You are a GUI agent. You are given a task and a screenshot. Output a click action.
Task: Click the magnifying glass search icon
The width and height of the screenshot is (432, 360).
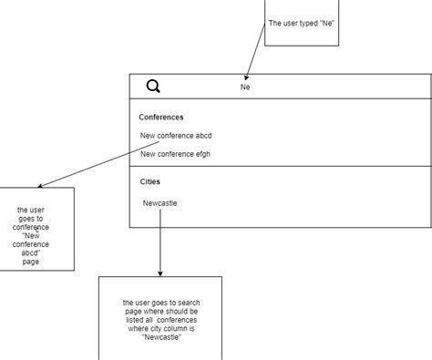[x=154, y=87]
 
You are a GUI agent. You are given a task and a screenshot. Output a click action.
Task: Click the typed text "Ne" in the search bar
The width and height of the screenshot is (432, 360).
[x=245, y=87]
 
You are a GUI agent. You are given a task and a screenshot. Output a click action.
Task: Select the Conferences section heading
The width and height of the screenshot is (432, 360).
[x=161, y=117]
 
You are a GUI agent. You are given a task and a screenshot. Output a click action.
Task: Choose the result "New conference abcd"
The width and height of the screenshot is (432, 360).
[x=176, y=136]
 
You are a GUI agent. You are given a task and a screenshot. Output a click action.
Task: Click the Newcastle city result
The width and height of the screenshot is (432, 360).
[x=159, y=202]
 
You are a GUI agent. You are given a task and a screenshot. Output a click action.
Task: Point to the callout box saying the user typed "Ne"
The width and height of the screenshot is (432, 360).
[x=301, y=23]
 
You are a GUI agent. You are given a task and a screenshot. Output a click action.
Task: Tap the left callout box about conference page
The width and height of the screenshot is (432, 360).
[x=36, y=229]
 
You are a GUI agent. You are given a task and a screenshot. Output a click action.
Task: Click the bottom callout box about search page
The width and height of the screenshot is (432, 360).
[x=159, y=319]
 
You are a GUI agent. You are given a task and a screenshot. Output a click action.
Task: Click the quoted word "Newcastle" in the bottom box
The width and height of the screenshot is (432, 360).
[x=160, y=338]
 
